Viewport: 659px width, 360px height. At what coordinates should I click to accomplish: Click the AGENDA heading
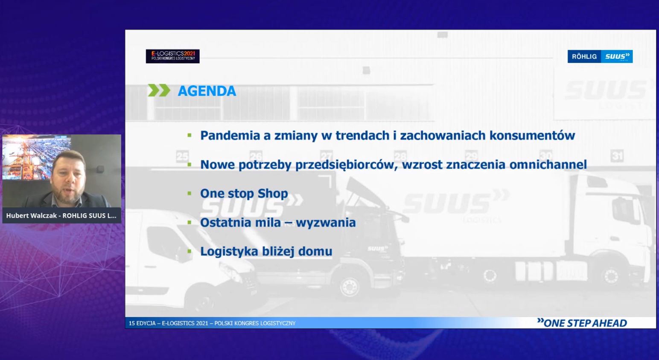point(207,91)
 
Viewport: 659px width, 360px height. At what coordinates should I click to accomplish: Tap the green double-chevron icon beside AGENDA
point(159,90)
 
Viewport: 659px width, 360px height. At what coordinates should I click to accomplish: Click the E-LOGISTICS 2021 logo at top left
point(172,56)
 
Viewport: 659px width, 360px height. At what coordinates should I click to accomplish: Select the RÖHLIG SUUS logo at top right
point(600,56)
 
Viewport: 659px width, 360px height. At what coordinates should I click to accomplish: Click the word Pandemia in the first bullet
point(230,136)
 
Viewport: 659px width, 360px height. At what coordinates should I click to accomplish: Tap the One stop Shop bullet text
point(244,194)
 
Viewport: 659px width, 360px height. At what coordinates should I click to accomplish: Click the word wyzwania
point(326,223)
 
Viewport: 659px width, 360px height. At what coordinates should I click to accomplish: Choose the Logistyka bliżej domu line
point(266,252)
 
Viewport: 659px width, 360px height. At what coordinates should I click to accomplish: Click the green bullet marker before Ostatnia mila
point(190,222)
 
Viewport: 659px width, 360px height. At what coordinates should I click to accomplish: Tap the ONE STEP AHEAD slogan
point(582,323)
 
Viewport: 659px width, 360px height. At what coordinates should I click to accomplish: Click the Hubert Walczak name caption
point(61,215)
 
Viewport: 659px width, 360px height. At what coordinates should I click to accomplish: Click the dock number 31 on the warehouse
point(617,156)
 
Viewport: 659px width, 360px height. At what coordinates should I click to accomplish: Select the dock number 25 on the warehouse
point(182,156)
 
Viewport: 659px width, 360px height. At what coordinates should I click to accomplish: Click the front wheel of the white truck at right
point(611,276)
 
